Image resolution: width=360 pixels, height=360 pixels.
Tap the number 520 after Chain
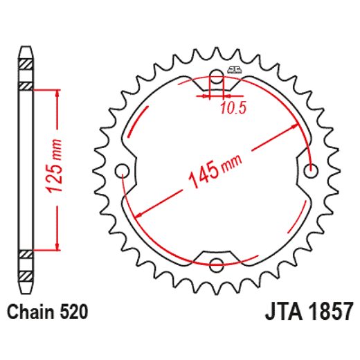coord(73,312)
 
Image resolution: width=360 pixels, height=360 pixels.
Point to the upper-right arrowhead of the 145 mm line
coord(298,127)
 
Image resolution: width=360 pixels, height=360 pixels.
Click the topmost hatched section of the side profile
coord(26,64)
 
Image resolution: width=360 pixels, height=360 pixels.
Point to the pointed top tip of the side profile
coord(26,48)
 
